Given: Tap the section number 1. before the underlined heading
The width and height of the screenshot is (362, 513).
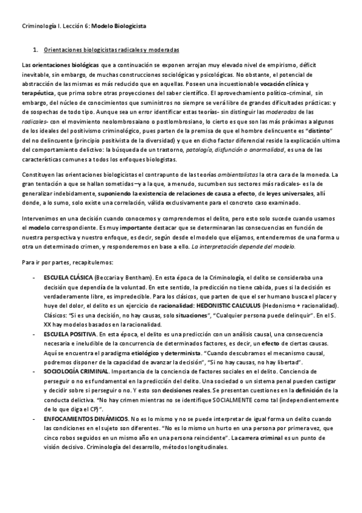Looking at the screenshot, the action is (x=36, y=49).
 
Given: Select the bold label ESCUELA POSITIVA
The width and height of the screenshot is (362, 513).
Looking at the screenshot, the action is (x=69, y=333).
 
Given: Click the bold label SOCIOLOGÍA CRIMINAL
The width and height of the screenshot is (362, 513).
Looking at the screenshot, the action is (x=76, y=372).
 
